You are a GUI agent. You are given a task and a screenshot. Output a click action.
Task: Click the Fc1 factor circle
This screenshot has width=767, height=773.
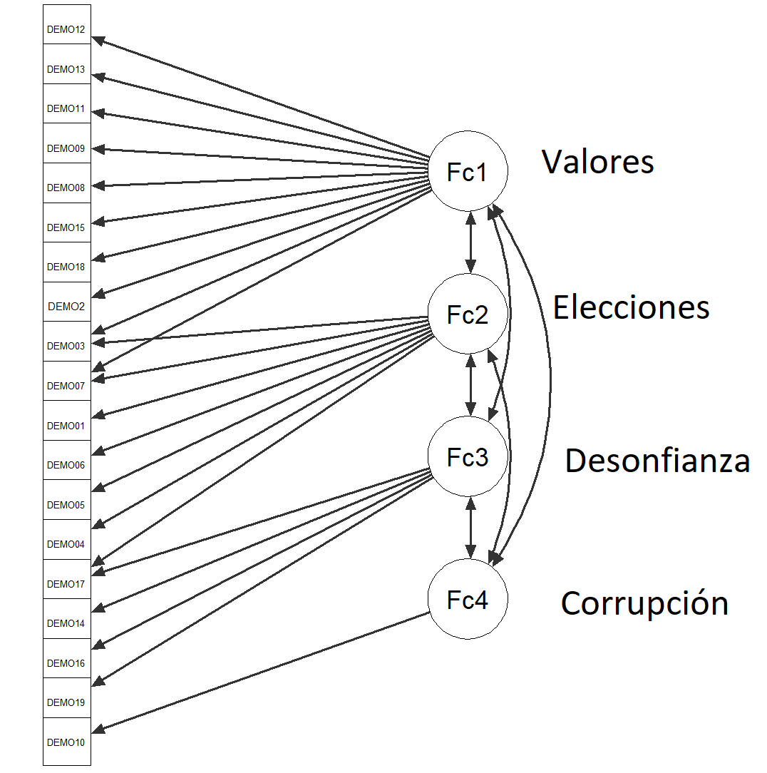pos(467,171)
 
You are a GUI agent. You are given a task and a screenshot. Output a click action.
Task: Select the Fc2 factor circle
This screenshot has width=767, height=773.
pos(467,314)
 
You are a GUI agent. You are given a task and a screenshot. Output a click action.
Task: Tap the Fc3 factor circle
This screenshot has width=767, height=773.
pos(467,456)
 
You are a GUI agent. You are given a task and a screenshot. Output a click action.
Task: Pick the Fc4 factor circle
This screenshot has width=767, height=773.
pos(467,600)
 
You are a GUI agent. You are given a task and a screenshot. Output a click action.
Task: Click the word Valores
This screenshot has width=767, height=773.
pos(597,162)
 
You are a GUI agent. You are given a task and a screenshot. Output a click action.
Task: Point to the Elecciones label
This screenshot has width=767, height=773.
pos(631,307)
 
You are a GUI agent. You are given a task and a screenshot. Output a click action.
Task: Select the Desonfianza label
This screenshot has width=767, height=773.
pos(657,461)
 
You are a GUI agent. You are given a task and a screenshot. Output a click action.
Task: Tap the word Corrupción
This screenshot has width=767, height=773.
pos(644,603)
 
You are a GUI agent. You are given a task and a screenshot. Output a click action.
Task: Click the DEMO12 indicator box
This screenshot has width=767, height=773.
pos(66,30)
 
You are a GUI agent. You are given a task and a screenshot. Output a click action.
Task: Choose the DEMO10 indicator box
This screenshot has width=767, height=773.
pos(66,742)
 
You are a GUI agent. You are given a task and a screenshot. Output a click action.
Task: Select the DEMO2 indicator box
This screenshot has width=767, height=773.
pos(66,307)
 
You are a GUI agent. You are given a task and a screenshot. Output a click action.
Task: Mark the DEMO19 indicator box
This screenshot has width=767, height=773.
pos(66,702)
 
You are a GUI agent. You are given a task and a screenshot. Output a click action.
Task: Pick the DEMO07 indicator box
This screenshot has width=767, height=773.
pos(66,386)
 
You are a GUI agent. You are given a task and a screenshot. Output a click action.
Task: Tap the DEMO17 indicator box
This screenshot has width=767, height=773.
pos(66,584)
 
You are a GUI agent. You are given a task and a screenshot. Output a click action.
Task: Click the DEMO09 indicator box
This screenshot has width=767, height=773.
pos(66,148)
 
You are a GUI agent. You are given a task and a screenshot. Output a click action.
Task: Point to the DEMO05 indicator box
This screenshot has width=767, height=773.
pos(66,505)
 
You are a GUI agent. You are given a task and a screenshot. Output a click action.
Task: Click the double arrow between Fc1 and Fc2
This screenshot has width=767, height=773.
pos(470,242)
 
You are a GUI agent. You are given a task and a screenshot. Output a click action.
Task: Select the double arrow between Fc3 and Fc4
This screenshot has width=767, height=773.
pos(470,528)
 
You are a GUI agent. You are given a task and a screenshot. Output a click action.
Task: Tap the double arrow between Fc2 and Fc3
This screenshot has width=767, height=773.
pos(470,385)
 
